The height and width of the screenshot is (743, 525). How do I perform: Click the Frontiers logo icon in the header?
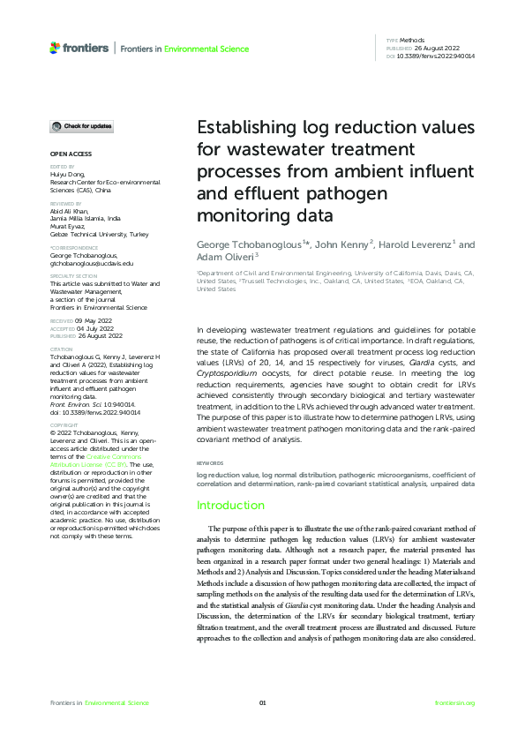coord(55,47)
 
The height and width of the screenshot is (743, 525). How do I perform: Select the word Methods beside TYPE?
coord(410,41)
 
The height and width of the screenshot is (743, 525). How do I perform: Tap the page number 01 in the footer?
coord(262,702)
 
